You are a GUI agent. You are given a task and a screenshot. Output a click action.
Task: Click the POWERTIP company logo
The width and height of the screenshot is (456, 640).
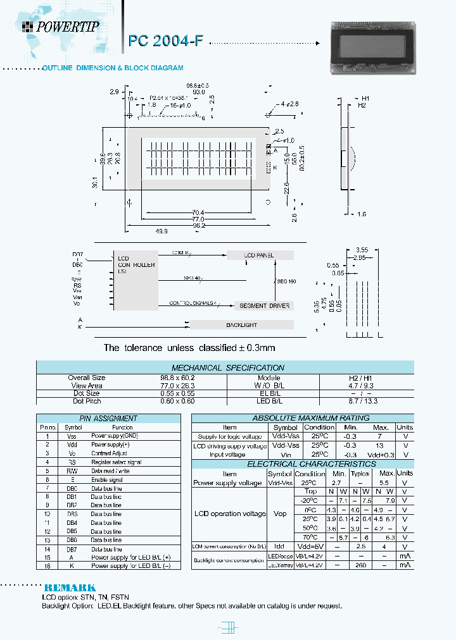[x=61, y=26]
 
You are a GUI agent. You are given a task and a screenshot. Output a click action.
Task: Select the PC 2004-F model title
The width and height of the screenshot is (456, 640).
[x=166, y=41]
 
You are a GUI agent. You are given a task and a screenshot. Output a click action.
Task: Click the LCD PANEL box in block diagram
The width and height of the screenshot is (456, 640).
[x=260, y=255]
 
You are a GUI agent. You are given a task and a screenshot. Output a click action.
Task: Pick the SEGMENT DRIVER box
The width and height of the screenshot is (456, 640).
[x=264, y=305]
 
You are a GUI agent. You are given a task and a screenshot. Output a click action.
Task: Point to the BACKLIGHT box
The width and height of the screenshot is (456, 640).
[x=241, y=324]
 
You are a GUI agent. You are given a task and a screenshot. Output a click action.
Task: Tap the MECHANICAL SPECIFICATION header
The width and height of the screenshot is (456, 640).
[x=228, y=367]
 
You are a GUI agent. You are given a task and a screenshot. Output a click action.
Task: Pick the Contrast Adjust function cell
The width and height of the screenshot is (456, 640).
[x=110, y=453]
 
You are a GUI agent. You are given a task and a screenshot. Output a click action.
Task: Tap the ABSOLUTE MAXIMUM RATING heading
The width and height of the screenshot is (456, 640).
[x=302, y=418]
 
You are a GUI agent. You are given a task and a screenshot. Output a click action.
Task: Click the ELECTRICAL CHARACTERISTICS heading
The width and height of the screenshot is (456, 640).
[x=302, y=464]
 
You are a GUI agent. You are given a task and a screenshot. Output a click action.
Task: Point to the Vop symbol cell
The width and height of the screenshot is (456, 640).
[x=279, y=514]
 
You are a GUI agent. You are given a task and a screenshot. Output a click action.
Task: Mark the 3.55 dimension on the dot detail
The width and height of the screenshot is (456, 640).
[x=362, y=249]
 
